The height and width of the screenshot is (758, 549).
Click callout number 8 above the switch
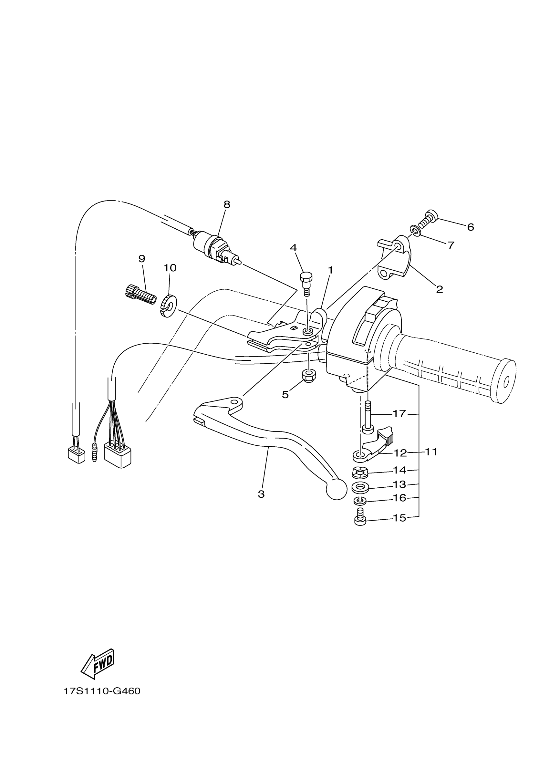pyautogui.click(x=227, y=204)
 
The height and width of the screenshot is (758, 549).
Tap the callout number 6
pyautogui.click(x=471, y=227)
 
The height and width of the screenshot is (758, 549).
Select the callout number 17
pyautogui.click(x=399, y=414)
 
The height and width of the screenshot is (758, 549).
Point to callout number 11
pyautogui.click(x=431, y=452)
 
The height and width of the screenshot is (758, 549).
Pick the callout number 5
pyautogui.click(x=285, y=395)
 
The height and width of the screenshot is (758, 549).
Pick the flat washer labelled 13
pyautogui.click(x=360, y=487)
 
